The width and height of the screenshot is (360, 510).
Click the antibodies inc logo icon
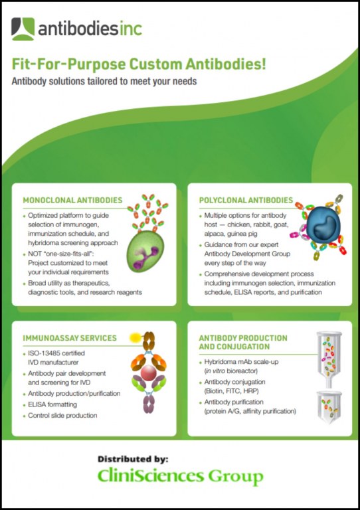pyautogui.click(x=23, y=29)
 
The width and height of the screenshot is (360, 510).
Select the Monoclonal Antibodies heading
pyautogui.click(x=72, y=200)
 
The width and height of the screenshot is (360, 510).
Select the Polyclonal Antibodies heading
pyautogui.click(x=246, y=200)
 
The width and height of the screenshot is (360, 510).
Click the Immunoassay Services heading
pyautogui.click(x=70, y=338)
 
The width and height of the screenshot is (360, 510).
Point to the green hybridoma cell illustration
pyautogui.click(x=145, y=251)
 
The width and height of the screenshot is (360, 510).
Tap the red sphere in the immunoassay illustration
pyautogui.click(x=149, y=373)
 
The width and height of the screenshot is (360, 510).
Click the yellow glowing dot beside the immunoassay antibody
pyautogui.click(x=135, y=337)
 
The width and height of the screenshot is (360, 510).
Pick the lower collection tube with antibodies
pyautogui.click(x=329, y=407)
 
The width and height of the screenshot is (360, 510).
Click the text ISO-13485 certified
pyautogui.click(x=56, y=353)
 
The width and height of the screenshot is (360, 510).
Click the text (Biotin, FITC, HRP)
pyautogui.click(x=232, y=391)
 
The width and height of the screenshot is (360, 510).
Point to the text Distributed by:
pyautogui.click(x=133, y=459)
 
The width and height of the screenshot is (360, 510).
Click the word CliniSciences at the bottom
pyautogui.click(x=151, y=476)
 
